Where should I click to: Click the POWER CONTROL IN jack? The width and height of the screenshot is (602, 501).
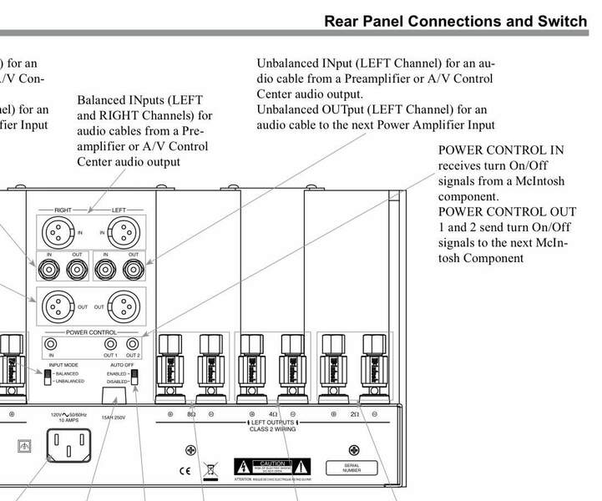point(53,343)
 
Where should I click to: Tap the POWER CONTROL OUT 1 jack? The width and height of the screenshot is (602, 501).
point(109,343)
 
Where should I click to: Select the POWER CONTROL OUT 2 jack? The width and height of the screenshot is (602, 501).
point(132,343)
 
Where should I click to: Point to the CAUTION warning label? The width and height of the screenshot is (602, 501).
point(272,465)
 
